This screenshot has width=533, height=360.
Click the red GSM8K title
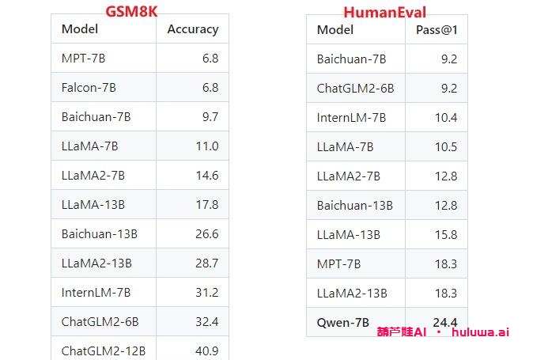130,11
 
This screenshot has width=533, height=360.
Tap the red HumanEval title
384,12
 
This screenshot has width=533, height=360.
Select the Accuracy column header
192,29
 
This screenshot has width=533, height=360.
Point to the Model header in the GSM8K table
79,29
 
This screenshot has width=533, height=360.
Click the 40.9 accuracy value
207,351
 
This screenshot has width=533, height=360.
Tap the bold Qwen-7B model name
344,322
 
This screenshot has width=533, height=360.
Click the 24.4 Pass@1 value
445,322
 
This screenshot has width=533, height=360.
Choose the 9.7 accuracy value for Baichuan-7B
210,117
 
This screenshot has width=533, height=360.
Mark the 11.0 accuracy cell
207,146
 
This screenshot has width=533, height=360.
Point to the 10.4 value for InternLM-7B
446,118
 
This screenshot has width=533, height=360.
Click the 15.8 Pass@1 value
446,235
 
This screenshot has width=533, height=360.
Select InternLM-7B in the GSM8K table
96,293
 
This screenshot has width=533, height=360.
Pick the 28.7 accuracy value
207,263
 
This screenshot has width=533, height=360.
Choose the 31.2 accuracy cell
207,293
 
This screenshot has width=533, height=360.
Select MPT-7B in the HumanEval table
338,264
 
